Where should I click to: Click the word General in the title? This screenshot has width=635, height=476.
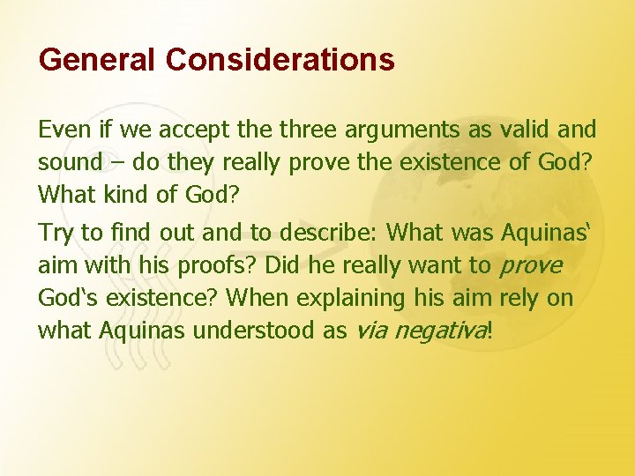point(98,60)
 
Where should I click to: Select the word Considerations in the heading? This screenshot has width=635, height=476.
point(279,60)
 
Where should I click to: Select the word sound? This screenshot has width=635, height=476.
point(67,163)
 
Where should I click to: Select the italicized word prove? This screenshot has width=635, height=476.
point(530,266)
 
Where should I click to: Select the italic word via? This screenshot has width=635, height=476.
point(370,331)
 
